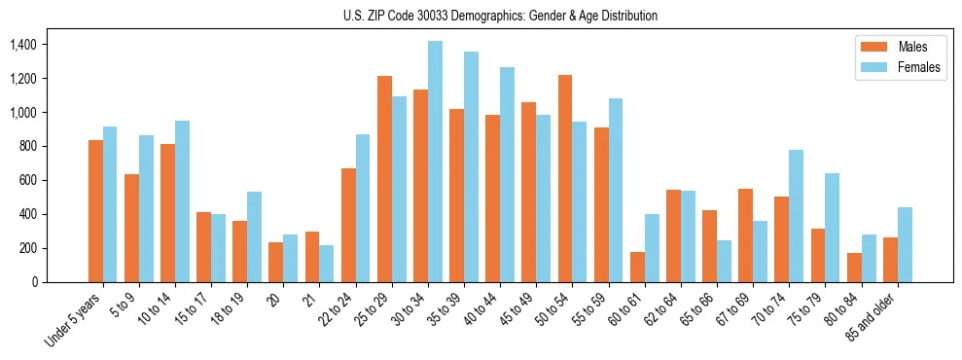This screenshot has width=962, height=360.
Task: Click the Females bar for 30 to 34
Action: [435, 162]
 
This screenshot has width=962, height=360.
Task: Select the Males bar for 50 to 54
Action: [565, 178]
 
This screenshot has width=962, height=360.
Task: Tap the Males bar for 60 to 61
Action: [637, 267]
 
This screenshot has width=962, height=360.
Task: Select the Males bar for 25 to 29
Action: [384, 178]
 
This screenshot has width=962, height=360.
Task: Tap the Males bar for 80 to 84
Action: [854, 268]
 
